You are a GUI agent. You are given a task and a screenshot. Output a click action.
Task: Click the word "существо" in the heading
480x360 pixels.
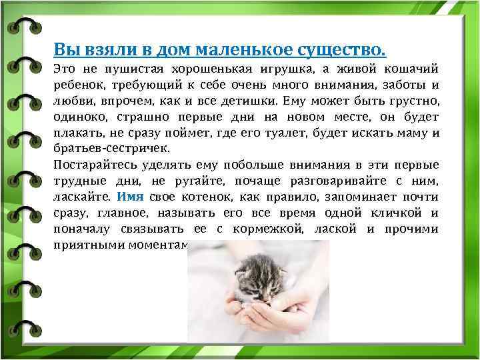click(347, 49)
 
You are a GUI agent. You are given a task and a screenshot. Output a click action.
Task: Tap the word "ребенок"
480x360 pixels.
click(78, 86)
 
